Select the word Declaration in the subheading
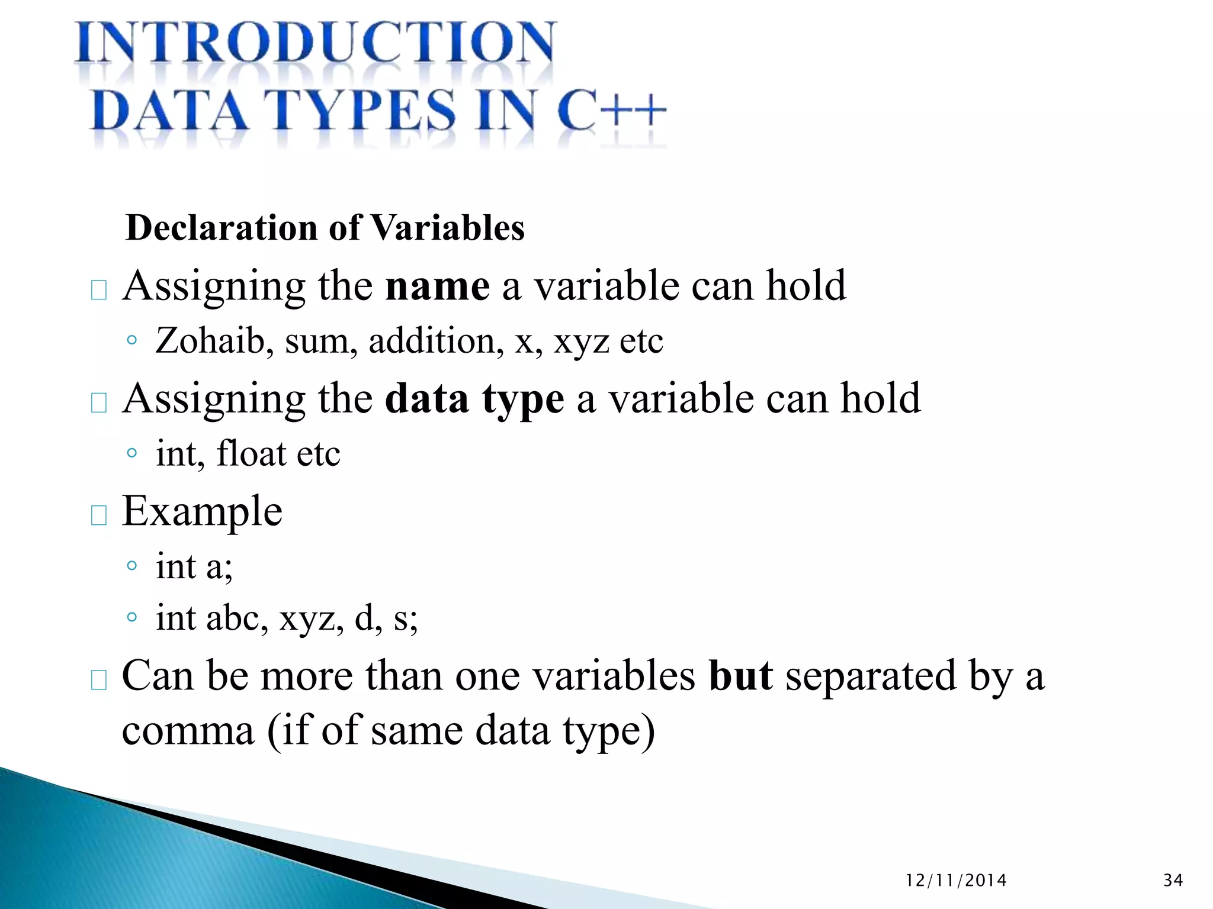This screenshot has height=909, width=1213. pos(223,228)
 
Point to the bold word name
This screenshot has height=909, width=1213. pos(437,286)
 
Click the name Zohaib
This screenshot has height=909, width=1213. pos(210,341)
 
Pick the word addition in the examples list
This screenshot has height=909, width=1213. pos(436,341)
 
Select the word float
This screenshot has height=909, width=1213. pos(251,454)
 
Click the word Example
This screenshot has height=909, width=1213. pos(202,512)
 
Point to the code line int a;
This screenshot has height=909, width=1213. pos(194,566)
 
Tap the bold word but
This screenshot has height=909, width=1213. pos(740,676)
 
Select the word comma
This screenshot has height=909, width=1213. pos(188,731)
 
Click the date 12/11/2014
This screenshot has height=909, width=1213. pos(956,881)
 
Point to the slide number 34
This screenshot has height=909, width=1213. pos(1173,881)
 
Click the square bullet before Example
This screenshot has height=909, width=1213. pos(99,515)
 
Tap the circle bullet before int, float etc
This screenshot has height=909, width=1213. pos(132,454)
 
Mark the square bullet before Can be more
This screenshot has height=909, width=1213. pos(99,680)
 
